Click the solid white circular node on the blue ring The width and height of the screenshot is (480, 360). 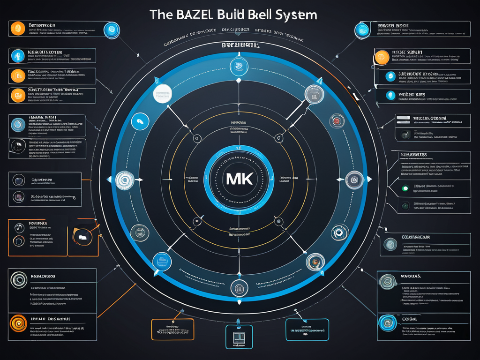[x=162, y=94]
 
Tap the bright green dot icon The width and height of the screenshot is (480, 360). [x=405, y=188]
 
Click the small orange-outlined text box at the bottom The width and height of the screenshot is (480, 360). [x=172, y=329]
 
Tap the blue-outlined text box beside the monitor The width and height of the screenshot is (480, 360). [x=307, y=329]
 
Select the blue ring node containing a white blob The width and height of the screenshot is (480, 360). [x=139, y=121]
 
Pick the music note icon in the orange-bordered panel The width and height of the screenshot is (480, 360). [x=19, y=228]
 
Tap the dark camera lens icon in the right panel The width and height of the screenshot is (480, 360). [x=404, y=135]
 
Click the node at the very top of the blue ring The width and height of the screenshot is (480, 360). [x=239, y=67]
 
